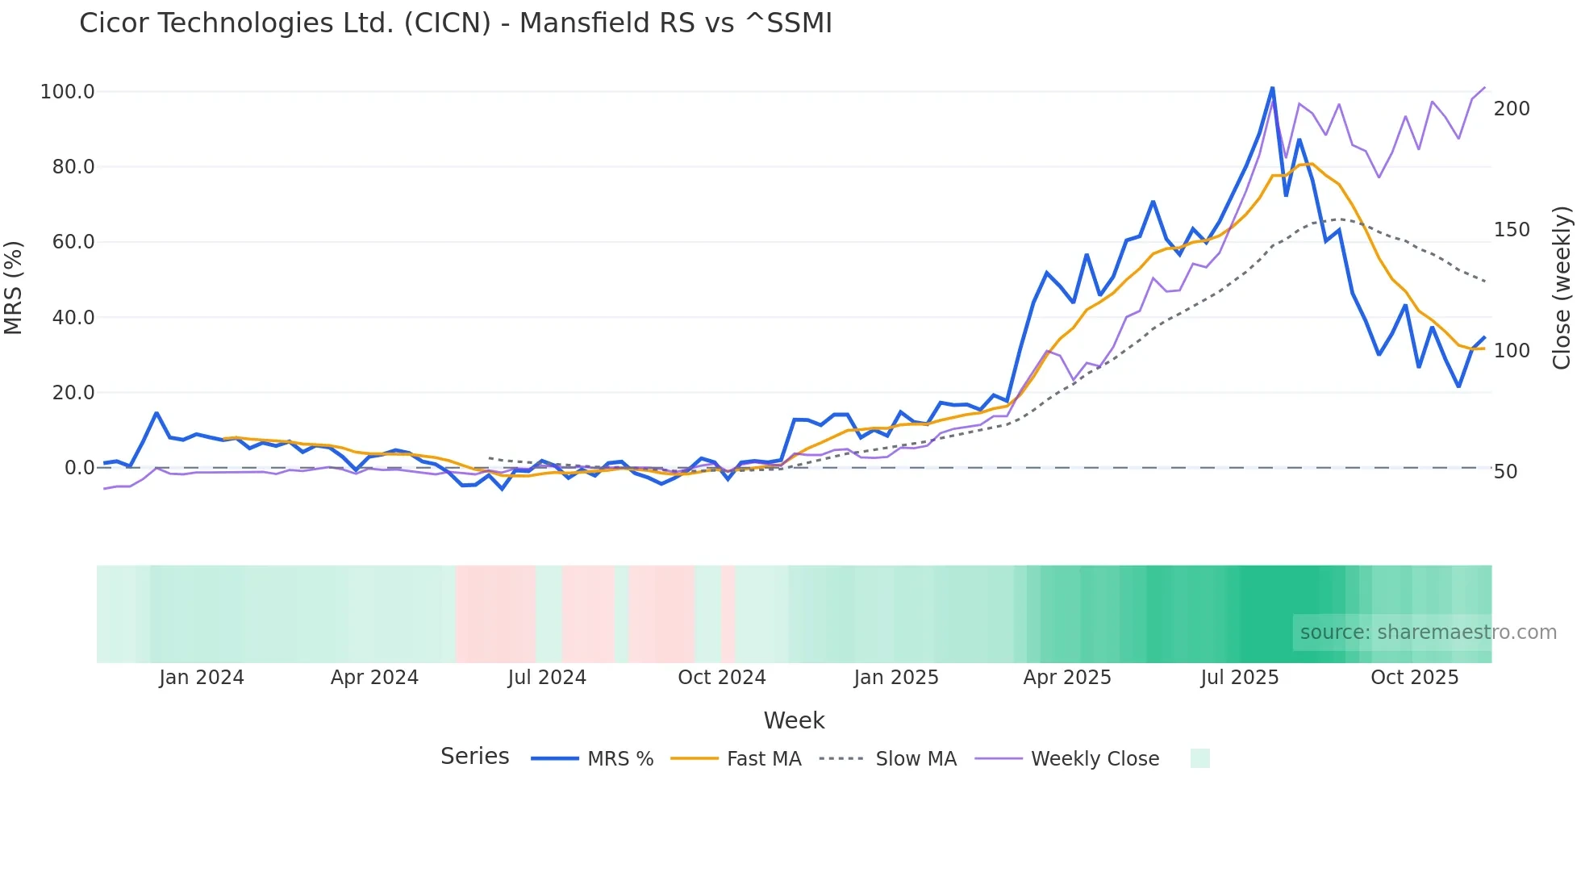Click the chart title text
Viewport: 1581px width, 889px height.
(456, 23)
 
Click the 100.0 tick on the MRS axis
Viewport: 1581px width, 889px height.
(68, 92)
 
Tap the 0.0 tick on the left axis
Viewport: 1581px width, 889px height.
(80, 468)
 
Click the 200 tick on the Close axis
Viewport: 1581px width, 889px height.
(1512, 109)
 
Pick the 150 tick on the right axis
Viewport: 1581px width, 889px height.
(1512, 230)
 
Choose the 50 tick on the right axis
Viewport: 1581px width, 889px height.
(1506, 472)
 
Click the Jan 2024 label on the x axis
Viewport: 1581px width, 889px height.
(202, 678)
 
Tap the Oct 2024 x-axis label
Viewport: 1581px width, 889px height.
(722, 678)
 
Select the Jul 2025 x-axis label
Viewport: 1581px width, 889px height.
(1240, 678)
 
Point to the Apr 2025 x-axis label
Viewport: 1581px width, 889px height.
(1067, 678)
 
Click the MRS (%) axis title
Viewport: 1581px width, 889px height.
(14, 287)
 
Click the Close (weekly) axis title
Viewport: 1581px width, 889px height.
(1562, 287)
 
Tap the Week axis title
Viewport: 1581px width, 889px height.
(794, 720)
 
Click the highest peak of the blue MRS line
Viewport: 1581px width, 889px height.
(1273, 88)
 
